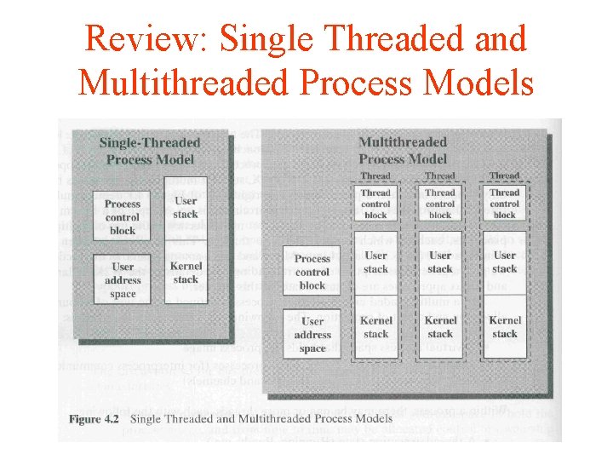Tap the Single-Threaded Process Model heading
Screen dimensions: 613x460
pyautogui.click(x=150, y=151)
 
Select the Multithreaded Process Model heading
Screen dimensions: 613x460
pyautogui.click(x=403, y=151)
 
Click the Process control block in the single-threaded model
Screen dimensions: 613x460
pyautogui.click(x=123, y=217)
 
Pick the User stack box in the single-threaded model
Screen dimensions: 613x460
pyautogui.click(x=186, y=208)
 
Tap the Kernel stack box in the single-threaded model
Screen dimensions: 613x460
pyautogui.click(x=186, y=273)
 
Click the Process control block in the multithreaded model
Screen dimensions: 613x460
pyautogui.click(x=312, y=272)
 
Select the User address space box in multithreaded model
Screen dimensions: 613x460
pyautogui.click(x=312, y=334)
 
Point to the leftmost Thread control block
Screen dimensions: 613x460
pyautogui.click(x=375, y=204)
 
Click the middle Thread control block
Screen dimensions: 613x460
pyautogui.click(x=440, y=204)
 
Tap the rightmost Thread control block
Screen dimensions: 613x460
pyautogui.click(x=504, y=204)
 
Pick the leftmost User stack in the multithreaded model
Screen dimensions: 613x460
pyautogui.click(x=375, y=262)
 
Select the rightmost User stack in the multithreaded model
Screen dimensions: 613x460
pyautogui.click(x=504, y=262)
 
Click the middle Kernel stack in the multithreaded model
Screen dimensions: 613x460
pyautogui.click(x=440, y=327)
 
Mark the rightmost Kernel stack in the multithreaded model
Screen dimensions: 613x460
pyautogui.click(x=504, y=327)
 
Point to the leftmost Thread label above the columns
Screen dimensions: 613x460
pyautogui.click(x=375, y=176)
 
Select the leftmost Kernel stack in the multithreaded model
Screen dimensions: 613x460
pyautogui.click(x=375, y=327)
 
